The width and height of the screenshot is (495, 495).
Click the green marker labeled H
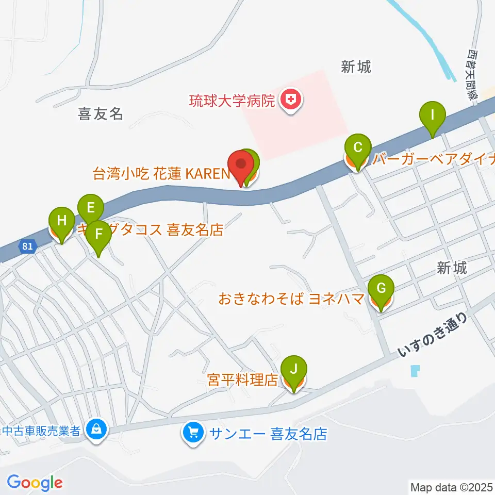tap(62, 222)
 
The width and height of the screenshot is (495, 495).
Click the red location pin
tap(241, 165)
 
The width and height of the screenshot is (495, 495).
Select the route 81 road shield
tap(28, 246)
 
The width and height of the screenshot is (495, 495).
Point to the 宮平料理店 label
tap(242, 381)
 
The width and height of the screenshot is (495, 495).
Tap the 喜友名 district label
tap(101, 113)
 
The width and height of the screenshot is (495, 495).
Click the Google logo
tap(35, 483)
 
